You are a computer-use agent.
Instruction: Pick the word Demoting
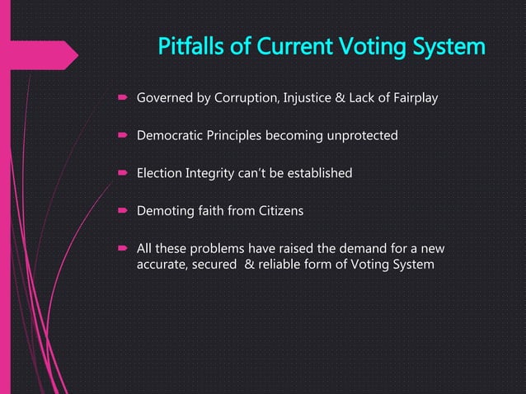(x=164, y=211)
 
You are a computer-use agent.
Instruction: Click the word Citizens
(x=277, y=211)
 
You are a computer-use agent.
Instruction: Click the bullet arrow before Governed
(x=120, y=101)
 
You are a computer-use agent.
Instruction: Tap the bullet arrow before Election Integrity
(x=120, y=174)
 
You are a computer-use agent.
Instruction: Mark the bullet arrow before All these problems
(x=120, y=250)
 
